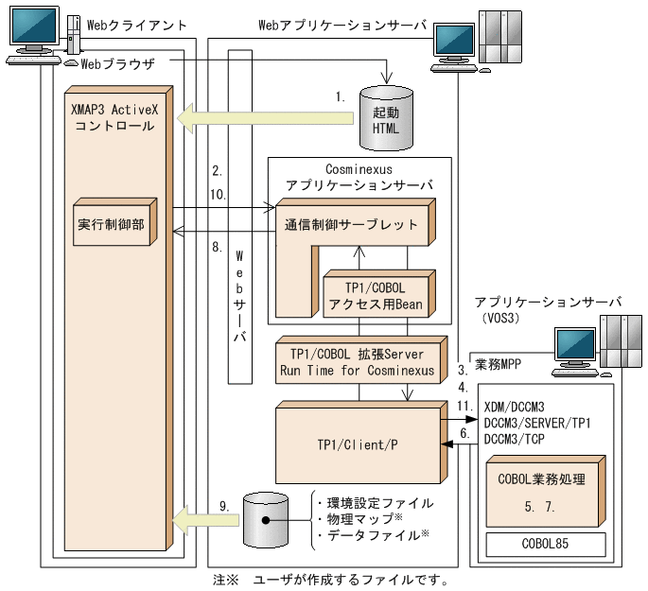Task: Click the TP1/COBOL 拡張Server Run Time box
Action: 358,360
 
